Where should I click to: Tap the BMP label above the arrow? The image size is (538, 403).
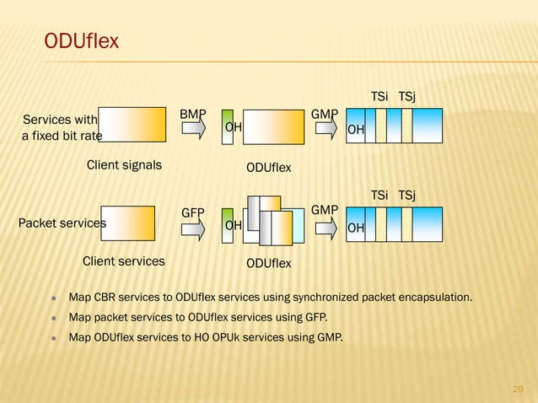click(x=193, y=114)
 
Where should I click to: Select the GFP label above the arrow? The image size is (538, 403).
click(x=195, y=213)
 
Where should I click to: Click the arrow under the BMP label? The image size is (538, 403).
click(x=193, y=129)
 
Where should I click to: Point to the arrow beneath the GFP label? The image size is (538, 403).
click(x=193, y=228)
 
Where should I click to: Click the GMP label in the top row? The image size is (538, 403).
click(x=325, y=114)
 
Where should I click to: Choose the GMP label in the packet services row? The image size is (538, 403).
click(x=325, y=209)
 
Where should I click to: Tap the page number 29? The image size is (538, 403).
click(x=519, y=388)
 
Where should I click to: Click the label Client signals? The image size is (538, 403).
click(x=124, y=165)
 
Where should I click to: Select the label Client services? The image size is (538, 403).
click(x=123, y=261)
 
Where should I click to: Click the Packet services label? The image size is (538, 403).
click(x=62, y=223)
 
